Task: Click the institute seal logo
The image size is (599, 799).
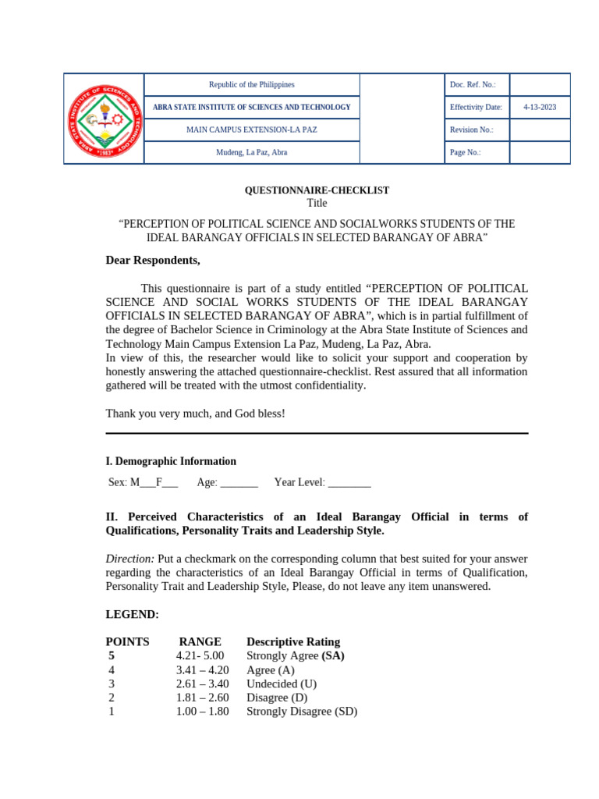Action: pyautogui.click(x=104, y=119)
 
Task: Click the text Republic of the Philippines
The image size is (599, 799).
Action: pyautogui.click(x=251, y=84)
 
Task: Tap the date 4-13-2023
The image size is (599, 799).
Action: pyautogui.click(x=540, y=107)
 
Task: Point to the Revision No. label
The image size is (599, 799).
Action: pyautogui.click(x=471, y=130)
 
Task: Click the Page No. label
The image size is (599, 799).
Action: pyautogui.click(x=465, y=152)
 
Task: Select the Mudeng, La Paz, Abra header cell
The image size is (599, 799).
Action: pyautogui.click(x=251, y=152)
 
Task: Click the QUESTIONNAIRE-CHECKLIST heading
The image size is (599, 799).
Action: pyautogui.click(x=317, y=190)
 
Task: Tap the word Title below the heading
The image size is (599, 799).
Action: pyautogui.click(x=317, y=203)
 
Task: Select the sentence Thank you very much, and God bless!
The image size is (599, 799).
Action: pyautogui.click(x=196, y=413)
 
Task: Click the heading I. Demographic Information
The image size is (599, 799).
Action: pyautogui.click(x=171, y=461)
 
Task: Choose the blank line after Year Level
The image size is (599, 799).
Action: pyautogui.click(x=349, y=483)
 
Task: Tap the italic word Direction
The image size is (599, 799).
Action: pyautogui.click(x=129, y=559)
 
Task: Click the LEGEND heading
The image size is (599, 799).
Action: pyautogui.click(x=132, y=614)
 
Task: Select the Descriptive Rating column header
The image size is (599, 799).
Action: pyautogui.click(x=296, y=641)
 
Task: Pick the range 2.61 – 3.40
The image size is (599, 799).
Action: pyautogui.click(x=202, y=684)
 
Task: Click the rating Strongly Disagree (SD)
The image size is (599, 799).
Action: pyautogui.click(x=302, y=712)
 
